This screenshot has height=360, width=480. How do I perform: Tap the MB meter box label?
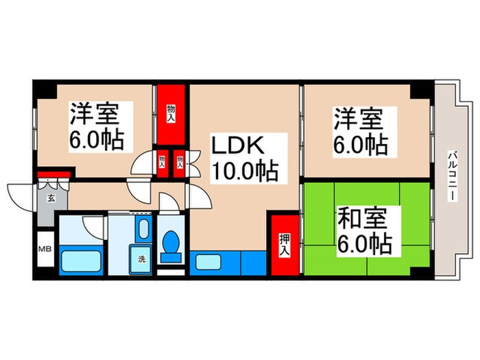[45, 249]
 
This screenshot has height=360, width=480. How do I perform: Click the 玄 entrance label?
[51, 200]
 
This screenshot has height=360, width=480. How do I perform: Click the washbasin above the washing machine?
[143, 230]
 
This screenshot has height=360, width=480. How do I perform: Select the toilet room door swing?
[167, 203]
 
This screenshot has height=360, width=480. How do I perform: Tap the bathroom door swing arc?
[91, 225]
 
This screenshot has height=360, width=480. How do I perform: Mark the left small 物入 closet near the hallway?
[163, 164]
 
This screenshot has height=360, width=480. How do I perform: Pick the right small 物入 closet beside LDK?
[180, 164]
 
